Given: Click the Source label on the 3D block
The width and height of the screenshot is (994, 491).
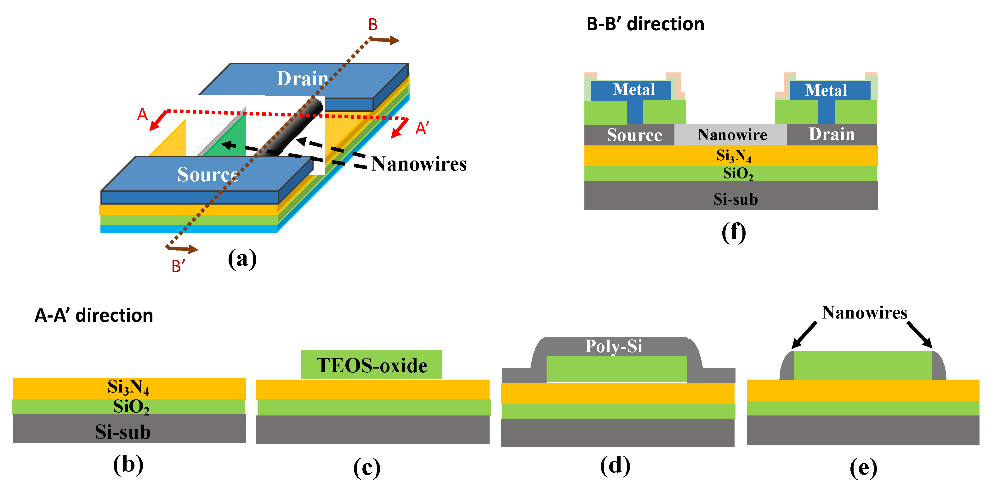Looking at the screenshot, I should click(207, 174).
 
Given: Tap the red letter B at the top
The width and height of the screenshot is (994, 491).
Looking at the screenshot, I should click(372, 25).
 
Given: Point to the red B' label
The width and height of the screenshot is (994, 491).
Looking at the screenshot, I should click(178, 266).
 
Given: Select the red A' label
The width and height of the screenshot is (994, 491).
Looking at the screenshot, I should click(422, 128).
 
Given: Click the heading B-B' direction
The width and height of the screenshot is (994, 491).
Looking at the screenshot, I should click(645, 24).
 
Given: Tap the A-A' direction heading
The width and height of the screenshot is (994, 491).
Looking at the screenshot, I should click(94, 315).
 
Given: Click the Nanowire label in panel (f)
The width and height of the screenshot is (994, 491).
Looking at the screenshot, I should click(732, 135).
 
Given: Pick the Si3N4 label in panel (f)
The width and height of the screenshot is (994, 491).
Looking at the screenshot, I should click(733, 155).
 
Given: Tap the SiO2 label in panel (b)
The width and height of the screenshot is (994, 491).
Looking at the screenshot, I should click(131, 407).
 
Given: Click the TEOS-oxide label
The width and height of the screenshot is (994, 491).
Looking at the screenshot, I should click(371, 365).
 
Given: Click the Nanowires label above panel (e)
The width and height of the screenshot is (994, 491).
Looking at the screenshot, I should click(864, 313).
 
